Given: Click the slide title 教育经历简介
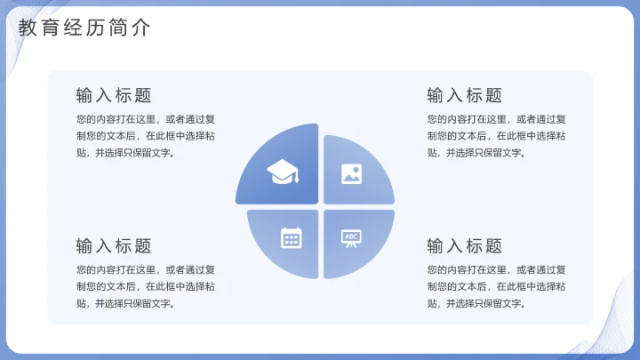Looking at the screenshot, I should (x=84, y=28).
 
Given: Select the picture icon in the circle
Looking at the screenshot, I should (x=352, y=173).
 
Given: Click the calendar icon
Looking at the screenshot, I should (x=291, y=237).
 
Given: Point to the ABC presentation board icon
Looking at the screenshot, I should (x=352, y=237).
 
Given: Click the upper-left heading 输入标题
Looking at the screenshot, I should (x=114, y=95).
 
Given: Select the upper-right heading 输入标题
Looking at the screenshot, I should (x=464, y=95).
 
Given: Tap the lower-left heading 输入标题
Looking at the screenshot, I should (x=114, y=246).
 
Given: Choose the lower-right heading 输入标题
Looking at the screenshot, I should (x=464, y=246).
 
